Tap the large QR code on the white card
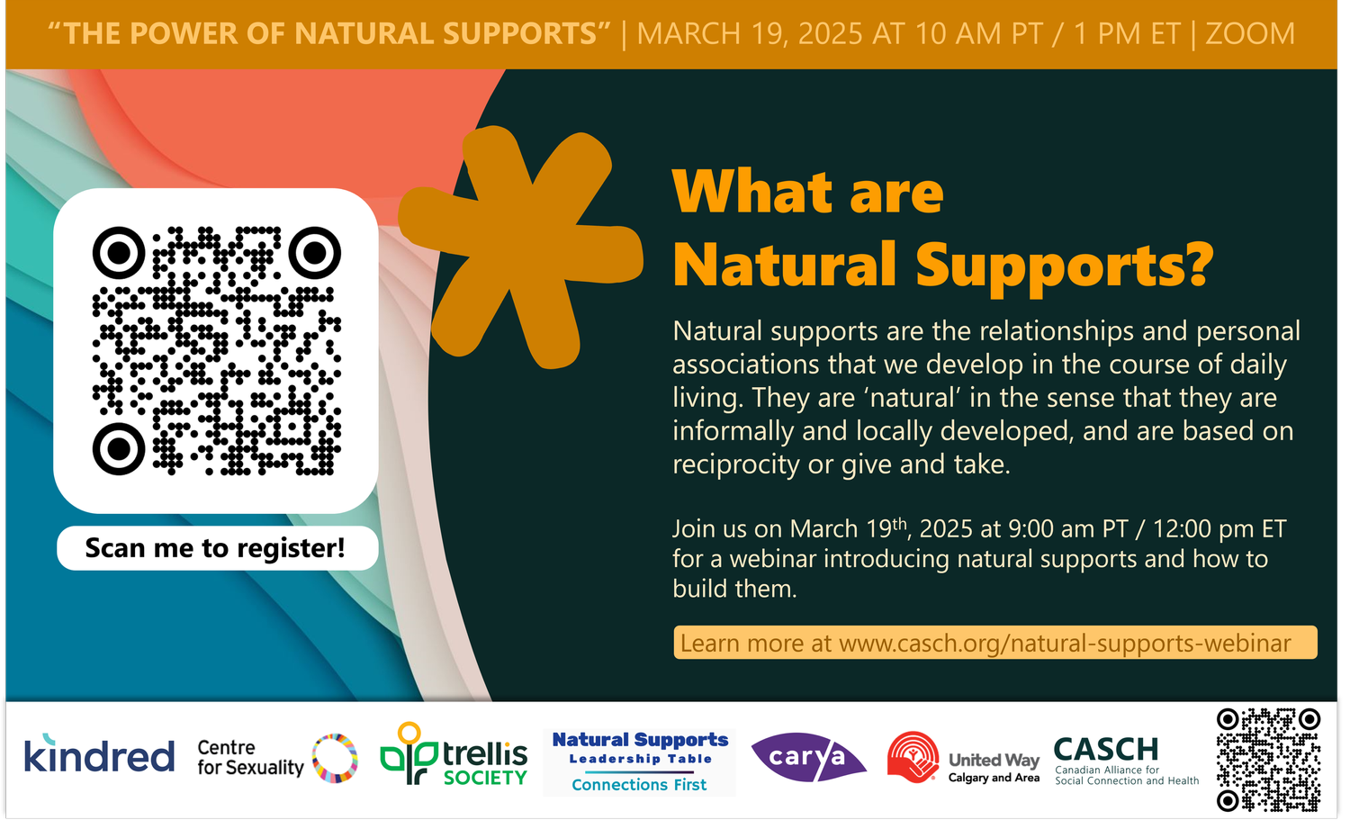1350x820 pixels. [x=216, y=350]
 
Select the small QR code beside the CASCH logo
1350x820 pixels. [x=1268, y=760]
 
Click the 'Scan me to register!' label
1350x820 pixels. [x=216, y=548]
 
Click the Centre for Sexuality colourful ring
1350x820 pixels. [x=335, y=758]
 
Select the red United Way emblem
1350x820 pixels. [x=913, y=756]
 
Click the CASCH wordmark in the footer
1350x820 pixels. [x=1105, y=749]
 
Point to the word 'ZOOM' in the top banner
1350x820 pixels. [x=1249, y=34]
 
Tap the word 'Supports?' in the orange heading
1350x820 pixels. [x=1065, y=266]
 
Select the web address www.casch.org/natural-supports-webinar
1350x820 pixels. [x=1065, y=644]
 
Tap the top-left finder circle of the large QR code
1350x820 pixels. [x=118, y=253]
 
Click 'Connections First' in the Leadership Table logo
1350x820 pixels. [x=639, y=785]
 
